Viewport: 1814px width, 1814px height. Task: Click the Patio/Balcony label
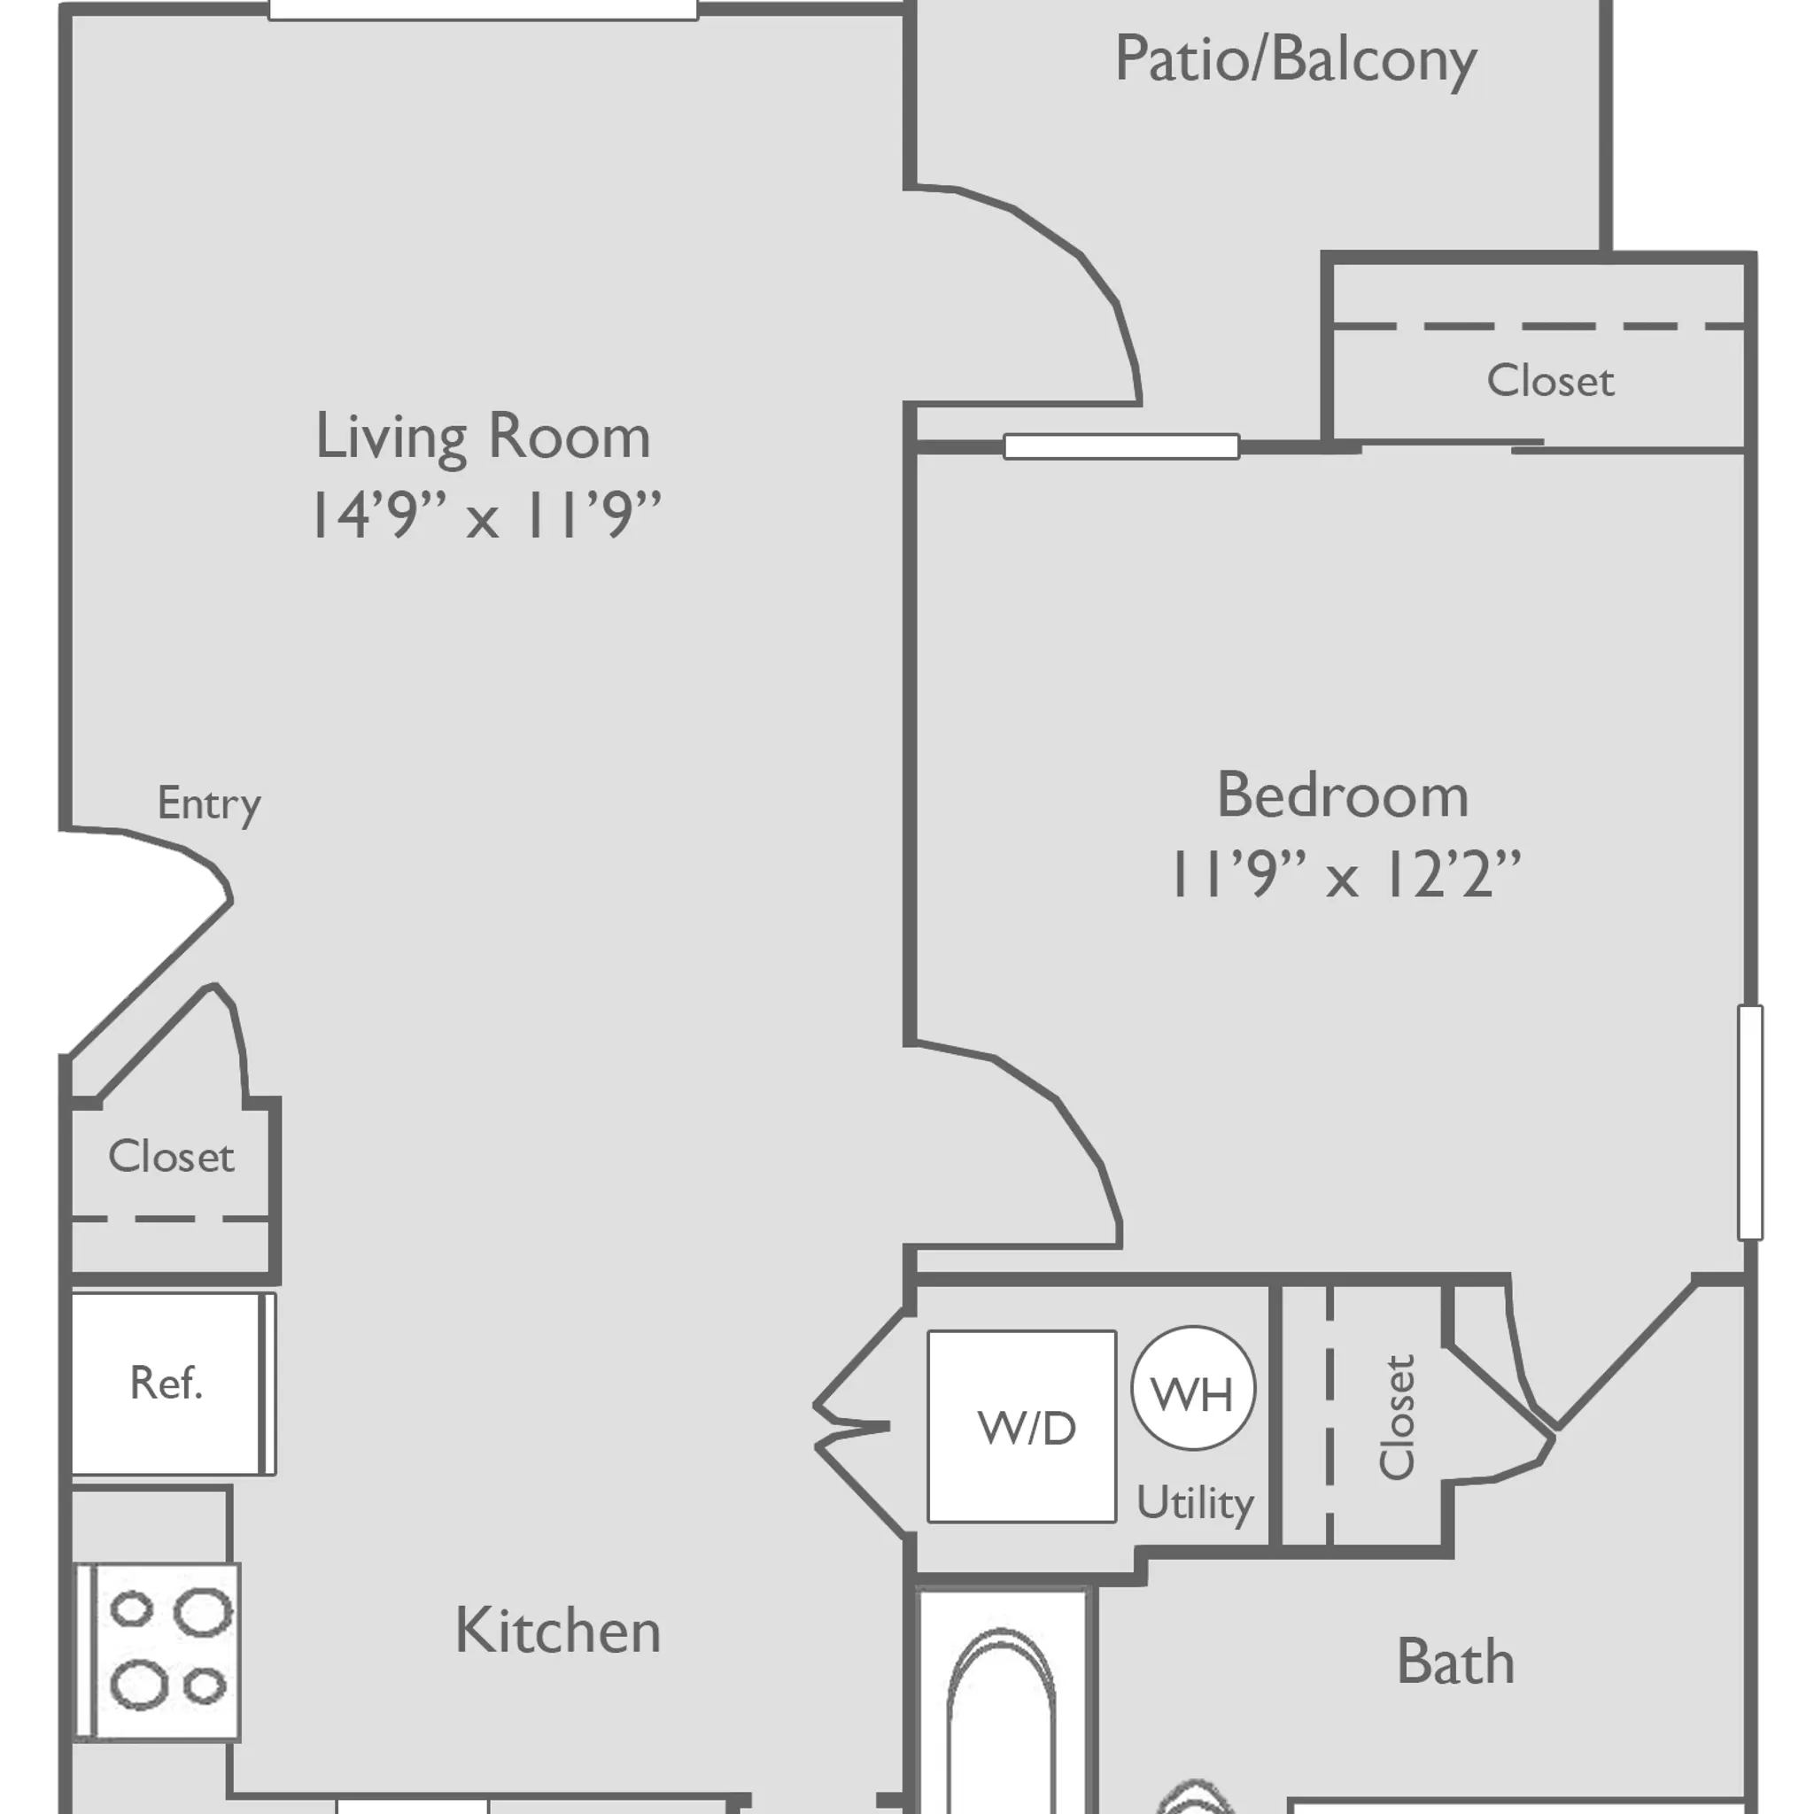[x=1295, y=60]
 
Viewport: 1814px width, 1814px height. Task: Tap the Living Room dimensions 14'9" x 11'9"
[x=485, y=515]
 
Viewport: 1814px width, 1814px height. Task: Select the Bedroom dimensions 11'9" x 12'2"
[x=1344, y=875]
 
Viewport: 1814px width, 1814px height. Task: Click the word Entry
[x=208, y=803]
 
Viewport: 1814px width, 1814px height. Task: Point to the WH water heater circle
[x=1192, y=1388]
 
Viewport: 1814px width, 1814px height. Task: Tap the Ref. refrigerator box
[x=167, y=1382]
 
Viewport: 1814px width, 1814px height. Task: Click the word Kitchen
[x=558, y=1631]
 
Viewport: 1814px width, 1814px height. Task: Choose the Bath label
[x=1455, y=1662]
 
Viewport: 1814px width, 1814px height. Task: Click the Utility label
[x=1194, y=1503]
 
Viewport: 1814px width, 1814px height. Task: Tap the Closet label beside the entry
[x=171, y=1157]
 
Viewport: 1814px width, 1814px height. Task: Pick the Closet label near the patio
[x=1550, y=381]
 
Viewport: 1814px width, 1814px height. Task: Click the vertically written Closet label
[x=1396, y=1418]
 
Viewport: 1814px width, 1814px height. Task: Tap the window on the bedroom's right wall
[x=1749, y=1122]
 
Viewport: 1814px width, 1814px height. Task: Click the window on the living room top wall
[x=483, y=9]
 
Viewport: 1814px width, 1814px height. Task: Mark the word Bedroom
[x=1343, y=796]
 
